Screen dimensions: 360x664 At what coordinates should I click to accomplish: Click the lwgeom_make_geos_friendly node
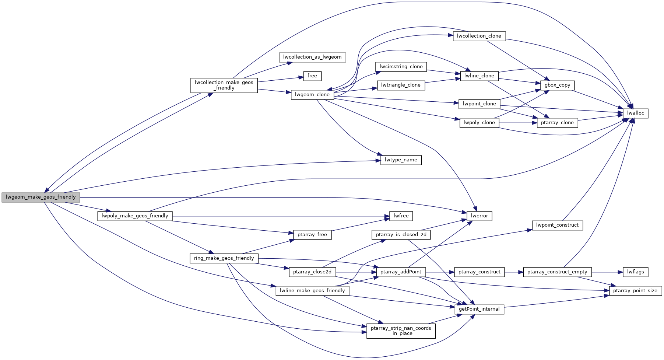tap(41, 197)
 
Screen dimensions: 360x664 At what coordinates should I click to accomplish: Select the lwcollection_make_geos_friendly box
tap(224, 85)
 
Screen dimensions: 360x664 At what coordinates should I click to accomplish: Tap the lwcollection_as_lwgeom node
tap(312, 57)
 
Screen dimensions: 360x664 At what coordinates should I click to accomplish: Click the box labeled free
tap(312, 76)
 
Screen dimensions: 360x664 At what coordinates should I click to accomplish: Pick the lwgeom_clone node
tap(312, 95)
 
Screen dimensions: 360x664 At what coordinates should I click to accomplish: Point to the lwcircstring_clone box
tap(401, 67)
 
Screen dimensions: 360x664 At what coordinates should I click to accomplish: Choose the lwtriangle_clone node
tap(401, 85)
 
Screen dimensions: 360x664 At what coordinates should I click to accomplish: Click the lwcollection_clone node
tap(479, 36)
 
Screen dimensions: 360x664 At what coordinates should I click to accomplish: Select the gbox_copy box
tap(557, 85)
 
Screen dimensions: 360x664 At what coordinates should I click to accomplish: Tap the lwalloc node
tap(635, 113)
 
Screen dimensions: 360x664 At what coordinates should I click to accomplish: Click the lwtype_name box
tap(401, 160)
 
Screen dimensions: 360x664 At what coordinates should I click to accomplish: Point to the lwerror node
tap(479, 216)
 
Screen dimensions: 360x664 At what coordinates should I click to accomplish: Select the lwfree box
tap(401, 216)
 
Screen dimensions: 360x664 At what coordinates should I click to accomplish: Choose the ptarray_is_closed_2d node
tap(401, 235)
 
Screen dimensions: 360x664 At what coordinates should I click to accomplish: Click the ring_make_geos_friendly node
tap(224, 258)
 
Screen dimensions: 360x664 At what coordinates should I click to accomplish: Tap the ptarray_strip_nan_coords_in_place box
tap(401, 331)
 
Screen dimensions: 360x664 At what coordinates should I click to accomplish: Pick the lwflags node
tap(635, 272)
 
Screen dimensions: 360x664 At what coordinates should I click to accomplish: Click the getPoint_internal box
tap(479, 309)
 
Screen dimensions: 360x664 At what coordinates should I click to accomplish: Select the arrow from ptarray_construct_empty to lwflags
tap(607, 272)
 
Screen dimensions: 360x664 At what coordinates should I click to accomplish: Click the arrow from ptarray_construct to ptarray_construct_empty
tap(514, 272)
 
